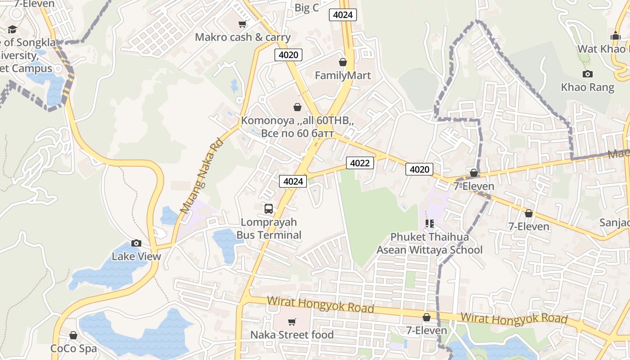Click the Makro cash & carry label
(243, 37)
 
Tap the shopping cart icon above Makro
(243, 24)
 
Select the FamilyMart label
(343, 75)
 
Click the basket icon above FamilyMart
(343, 62)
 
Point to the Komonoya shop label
(297, 127)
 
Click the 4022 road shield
(360, 163)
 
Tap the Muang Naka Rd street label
(202, 176)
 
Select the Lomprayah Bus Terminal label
(269, 229)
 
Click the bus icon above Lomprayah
(269, 209)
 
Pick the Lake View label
(136, 256)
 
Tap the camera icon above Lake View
(136, 243)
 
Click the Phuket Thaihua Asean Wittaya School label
(429, 243)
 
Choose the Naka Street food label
(292, 335)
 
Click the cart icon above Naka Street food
(292, 322)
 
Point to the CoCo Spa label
(73, 348)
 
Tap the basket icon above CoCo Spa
(73, 335)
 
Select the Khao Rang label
(587, 87)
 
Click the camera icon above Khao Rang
(587, 74)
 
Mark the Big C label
(307, 8)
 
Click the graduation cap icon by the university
(12, 30)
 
